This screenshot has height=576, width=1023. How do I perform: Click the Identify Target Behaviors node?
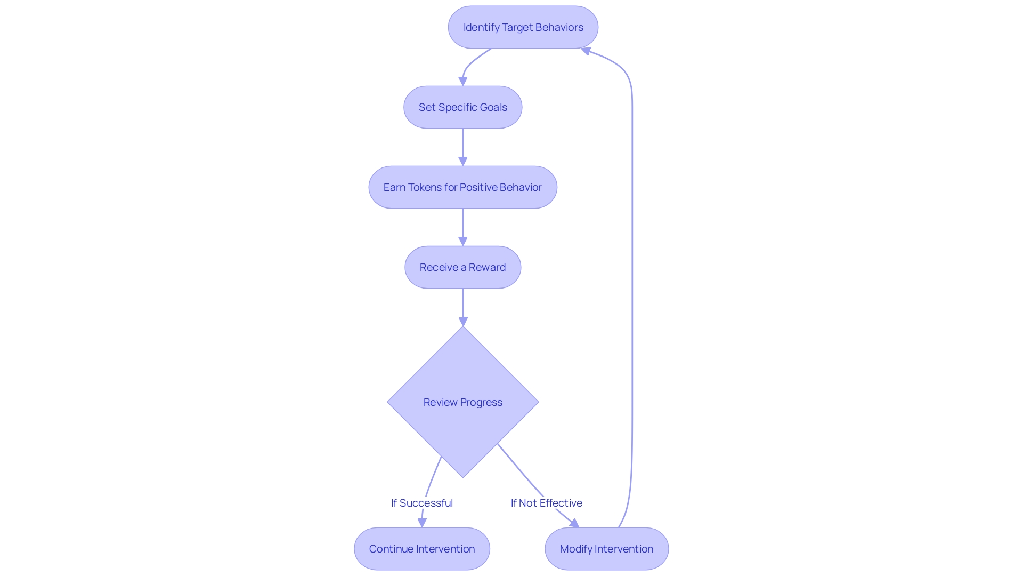point(523,27)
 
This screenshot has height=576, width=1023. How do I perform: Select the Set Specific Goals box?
point(462,107)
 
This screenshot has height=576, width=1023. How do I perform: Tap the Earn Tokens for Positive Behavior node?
point(462,187)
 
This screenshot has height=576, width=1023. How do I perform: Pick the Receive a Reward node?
point(462,267)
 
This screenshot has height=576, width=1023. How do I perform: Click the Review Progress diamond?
point(462,402)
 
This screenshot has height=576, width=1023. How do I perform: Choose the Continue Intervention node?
point(421,549)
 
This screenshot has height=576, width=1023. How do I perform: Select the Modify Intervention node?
point(606,549)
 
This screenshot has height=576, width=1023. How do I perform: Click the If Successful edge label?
point(421,503)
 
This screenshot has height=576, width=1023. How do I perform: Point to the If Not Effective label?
point(546,503)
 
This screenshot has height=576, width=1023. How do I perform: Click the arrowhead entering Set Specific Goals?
point(462,81)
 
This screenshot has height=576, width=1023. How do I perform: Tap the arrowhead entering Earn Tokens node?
point(462,161)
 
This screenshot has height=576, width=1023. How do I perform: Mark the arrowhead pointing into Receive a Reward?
point(462,241)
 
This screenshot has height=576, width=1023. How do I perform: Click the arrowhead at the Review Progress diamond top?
point(463,321)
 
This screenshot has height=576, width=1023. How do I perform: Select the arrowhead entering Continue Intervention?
point(422,523)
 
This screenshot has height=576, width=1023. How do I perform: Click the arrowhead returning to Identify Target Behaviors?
point(586,51)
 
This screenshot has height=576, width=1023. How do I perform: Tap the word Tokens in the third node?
point(425,187)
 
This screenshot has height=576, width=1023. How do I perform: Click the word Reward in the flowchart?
point(487,267)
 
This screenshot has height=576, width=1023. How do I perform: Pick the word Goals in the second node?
point(493,107)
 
